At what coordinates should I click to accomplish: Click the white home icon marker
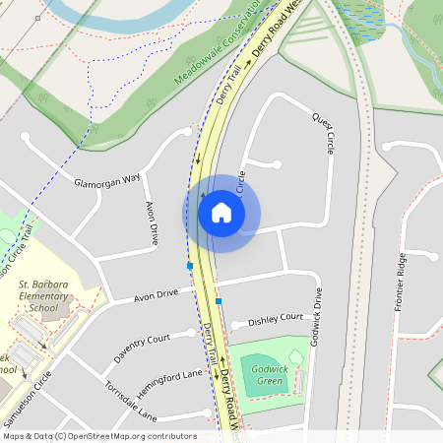coord(221,213)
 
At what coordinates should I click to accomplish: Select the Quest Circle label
coord(323,131)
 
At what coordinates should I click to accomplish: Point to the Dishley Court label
coord(276,319)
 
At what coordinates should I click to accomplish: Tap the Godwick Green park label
coord(268,374)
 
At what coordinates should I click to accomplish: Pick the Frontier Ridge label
coord(400,282)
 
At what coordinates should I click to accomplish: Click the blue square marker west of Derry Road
coord(189,266)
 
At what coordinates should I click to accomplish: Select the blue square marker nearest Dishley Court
coord(219,301)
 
